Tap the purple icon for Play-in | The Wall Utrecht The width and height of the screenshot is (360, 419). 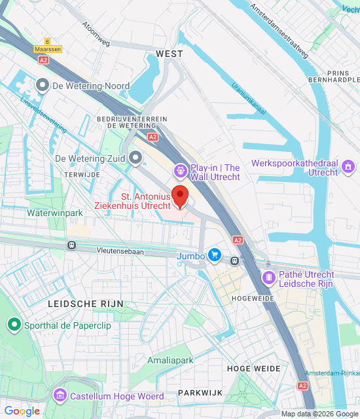pos(180,171)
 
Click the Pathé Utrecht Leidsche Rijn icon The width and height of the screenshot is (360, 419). pos(268,279)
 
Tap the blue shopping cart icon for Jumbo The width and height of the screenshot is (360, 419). pos(214,255)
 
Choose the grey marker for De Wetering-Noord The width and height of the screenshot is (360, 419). pos(43,85)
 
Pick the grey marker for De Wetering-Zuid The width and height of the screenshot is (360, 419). pos(135,158)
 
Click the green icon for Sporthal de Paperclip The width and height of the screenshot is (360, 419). pos(13,324)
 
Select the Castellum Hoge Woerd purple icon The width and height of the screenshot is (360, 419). pos(60,395)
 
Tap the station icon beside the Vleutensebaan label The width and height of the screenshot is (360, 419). pos(71,246)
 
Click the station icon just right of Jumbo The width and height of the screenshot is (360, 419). pos(234,259)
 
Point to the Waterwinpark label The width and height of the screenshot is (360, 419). pos(55,213)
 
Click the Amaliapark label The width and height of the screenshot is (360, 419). pos(170,361)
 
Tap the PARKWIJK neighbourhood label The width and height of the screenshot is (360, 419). pos(200,392)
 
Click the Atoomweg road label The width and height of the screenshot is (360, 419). pos(96,34)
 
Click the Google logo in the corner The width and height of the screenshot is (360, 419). pos(22,411)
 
